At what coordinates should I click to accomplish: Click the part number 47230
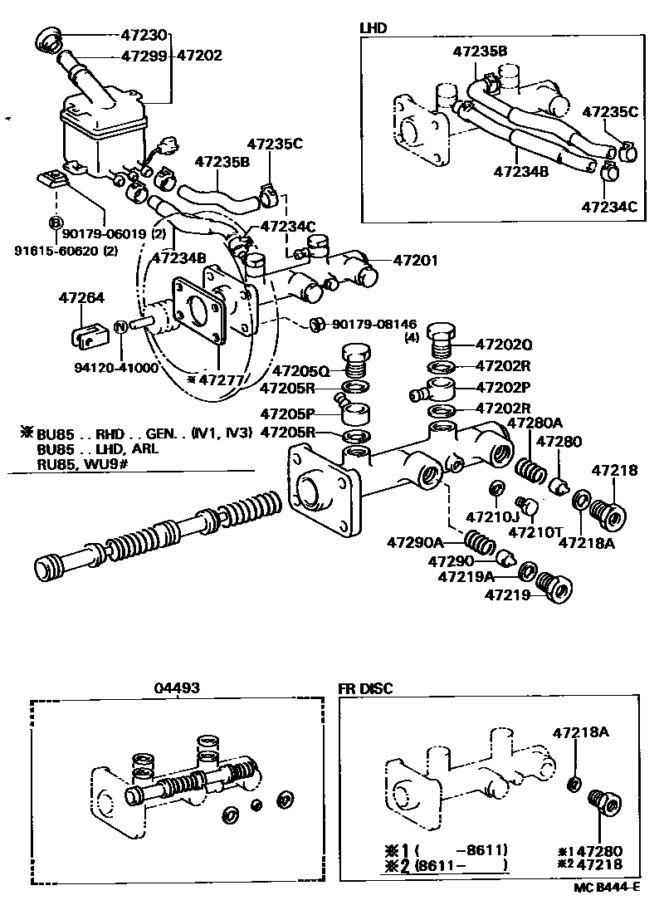tap(144, 36)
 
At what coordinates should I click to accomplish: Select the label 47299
tap(144, 56)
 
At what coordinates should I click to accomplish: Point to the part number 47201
tap(416, 261)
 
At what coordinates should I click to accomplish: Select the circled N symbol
tap(120, 326)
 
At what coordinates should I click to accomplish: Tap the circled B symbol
tap(55, 222)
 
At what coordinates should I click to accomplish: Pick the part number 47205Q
tap(301, 370)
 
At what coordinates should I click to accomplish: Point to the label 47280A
tap(535, 423)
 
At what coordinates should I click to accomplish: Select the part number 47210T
tap(532, 531)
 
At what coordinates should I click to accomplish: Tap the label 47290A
tap(415, 543)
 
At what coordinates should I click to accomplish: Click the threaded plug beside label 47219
tap(554, 588)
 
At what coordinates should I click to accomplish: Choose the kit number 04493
tap(176, 687)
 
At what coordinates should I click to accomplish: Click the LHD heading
tap(373, 27)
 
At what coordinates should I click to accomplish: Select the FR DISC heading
tap(365, 687)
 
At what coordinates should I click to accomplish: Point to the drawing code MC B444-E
tap(607, 887)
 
